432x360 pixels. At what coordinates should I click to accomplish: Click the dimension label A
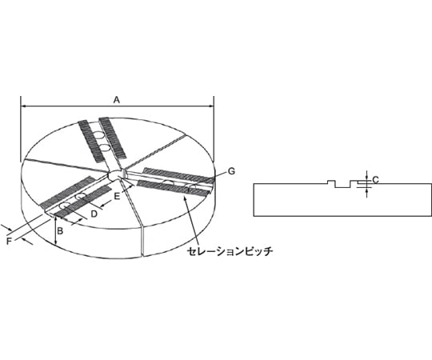(117, 100)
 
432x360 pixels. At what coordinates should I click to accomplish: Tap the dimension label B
(60, 231)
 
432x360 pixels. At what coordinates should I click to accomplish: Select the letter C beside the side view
(375, 180)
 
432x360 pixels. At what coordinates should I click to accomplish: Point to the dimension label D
(94, 214)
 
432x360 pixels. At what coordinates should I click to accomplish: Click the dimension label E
(117, 196)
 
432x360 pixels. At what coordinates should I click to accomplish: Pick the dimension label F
(9, 242)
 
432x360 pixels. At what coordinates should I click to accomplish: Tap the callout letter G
(231, 171)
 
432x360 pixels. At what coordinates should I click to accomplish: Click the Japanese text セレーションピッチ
(230, 251)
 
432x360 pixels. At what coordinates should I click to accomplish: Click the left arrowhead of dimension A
(23, 106)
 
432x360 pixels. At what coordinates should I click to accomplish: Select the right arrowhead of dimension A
(211, 106)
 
